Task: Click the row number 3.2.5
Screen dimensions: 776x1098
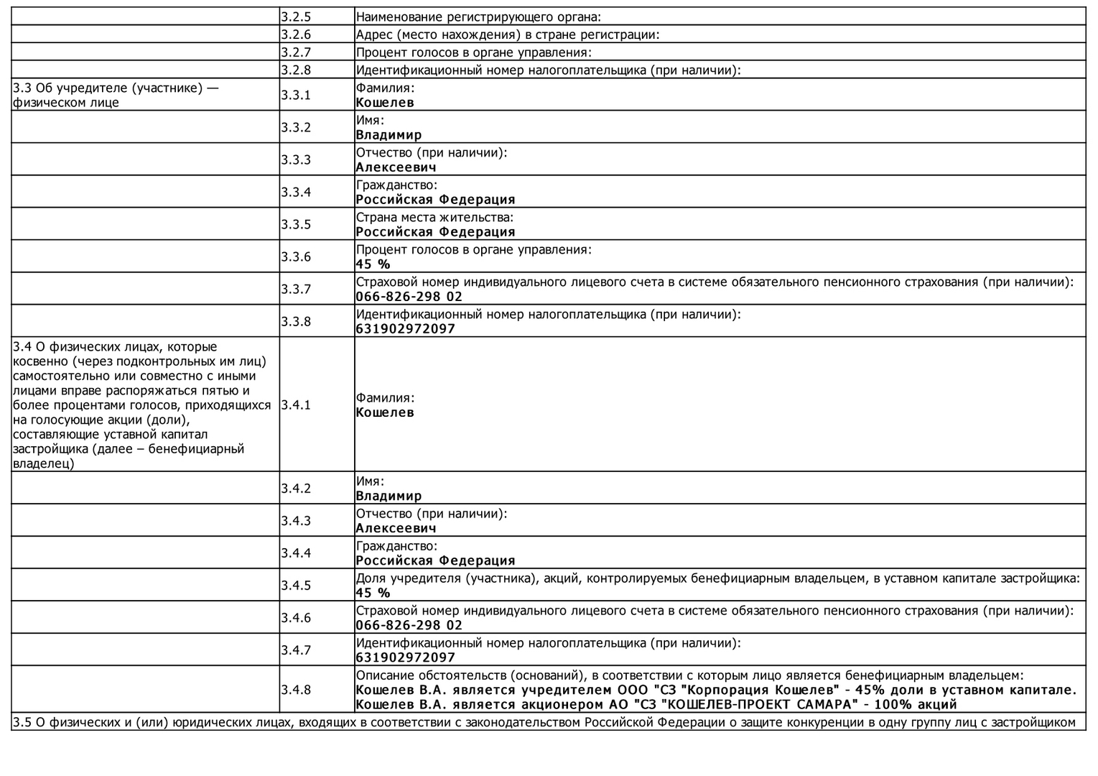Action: pos(296,17)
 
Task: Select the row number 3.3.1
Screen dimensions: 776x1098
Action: pos(296,95)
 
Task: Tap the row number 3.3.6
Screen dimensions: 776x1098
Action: pos(296,257)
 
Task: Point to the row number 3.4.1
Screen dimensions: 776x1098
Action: pos(296,405)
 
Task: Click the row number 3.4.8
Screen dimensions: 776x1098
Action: pos(296,690)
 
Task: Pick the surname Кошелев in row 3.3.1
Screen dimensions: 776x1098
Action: pos(385,103)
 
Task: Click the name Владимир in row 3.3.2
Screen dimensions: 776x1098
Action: pos(389,135)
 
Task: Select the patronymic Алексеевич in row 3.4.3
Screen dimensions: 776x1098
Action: pos(396,529)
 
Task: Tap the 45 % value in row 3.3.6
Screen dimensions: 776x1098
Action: pos(373,264)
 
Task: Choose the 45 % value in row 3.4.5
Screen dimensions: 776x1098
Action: pos(373,593)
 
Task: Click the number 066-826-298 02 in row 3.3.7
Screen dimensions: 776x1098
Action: pos(409,297)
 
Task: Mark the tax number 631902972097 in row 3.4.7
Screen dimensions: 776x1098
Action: pos(406,657)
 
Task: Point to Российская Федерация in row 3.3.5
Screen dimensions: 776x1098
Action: pos(435,232)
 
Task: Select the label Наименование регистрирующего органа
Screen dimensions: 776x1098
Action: pos(478,17)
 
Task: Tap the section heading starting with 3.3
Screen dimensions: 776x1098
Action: pos(116,95)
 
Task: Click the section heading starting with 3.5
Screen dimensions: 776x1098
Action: pos(544,722)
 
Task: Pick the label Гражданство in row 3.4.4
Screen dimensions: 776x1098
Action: pos(396,546)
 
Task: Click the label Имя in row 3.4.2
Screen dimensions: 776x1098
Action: pos(370,481)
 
